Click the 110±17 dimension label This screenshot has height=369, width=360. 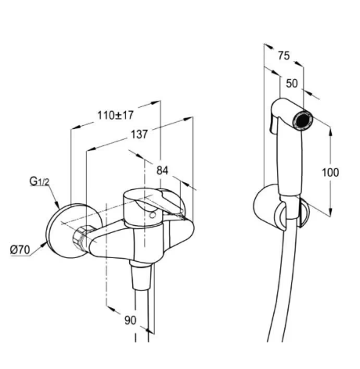click(x=116, y=115)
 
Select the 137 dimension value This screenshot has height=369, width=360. click(x=139, y=134)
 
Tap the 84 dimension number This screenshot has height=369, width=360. click(x=162, y=170)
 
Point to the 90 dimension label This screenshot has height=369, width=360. click(x=130, y=320)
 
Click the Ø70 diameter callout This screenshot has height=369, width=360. click(x=20, y=250)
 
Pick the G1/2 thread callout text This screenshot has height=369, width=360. click(x=39, y=181)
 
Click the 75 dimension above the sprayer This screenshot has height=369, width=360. click(x=284, y=56)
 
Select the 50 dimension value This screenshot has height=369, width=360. click(x=292, y=84)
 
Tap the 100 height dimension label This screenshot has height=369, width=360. click(x=330, y=173)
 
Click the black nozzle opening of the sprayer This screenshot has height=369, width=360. click(x=302, y=120)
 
